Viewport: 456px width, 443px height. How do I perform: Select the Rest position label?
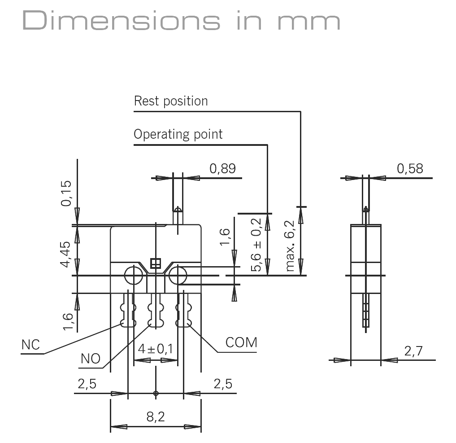tap(171, 101)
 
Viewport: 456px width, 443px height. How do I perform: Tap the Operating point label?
tap(178, 134)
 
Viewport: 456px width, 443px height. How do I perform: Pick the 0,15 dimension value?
tap(66, 193)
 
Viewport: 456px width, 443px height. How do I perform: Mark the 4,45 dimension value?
tap(66, 254)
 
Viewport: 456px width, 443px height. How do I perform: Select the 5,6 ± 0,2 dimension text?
tap(256, 245)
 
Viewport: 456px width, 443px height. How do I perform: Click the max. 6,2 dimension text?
tap(290, 246)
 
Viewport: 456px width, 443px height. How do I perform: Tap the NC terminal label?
tap(30, 345)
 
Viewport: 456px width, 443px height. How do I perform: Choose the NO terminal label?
tap(91, 359)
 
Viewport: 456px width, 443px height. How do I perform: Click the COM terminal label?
tap(241, 342)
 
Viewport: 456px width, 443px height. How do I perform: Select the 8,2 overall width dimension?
tap(156, 417)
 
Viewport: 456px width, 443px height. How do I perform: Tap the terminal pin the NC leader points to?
tap(128, 314)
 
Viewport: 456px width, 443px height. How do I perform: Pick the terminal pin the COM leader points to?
tap(183, 314)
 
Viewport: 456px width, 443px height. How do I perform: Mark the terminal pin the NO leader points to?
tap(156, 314)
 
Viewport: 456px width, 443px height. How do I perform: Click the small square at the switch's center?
tap(155, 263)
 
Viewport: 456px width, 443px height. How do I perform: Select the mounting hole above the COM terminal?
tap(178, 275)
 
